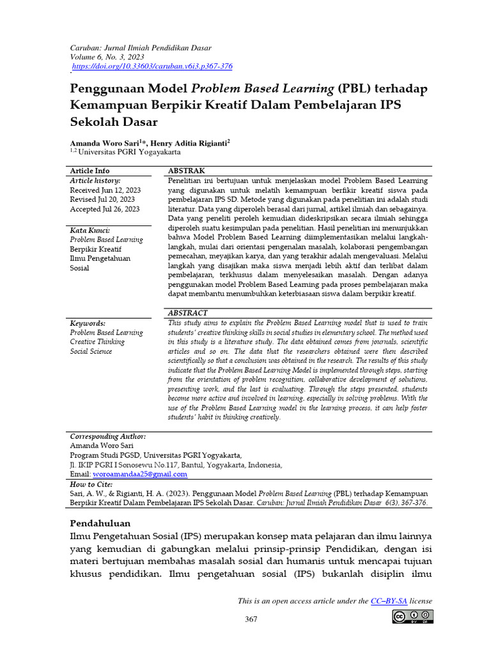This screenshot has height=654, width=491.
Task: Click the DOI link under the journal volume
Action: coord(152,66)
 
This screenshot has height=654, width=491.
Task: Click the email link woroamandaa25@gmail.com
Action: coord(140,475)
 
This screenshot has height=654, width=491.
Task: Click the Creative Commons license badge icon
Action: coord(413,617)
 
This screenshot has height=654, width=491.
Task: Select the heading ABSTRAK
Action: coord(186,171)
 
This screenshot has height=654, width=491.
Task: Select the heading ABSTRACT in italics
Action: coord(187,313)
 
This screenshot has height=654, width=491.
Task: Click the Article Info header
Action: coord(90,171)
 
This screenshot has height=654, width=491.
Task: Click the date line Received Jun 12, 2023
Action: coord(105,190)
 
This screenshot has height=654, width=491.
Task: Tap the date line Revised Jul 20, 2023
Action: coord(102,200)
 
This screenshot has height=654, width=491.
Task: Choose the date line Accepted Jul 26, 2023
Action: coord(105,209)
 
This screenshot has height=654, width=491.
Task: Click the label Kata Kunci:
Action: coord(90,230)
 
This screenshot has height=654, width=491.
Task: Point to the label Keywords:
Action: coord(88,324)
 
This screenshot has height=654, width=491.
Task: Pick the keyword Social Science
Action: coord(91,351)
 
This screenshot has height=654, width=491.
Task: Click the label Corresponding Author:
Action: coord(107,436)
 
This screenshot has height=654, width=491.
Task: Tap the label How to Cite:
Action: coord(91,485)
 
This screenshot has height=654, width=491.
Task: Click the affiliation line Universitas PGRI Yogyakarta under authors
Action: coord(128,153)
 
